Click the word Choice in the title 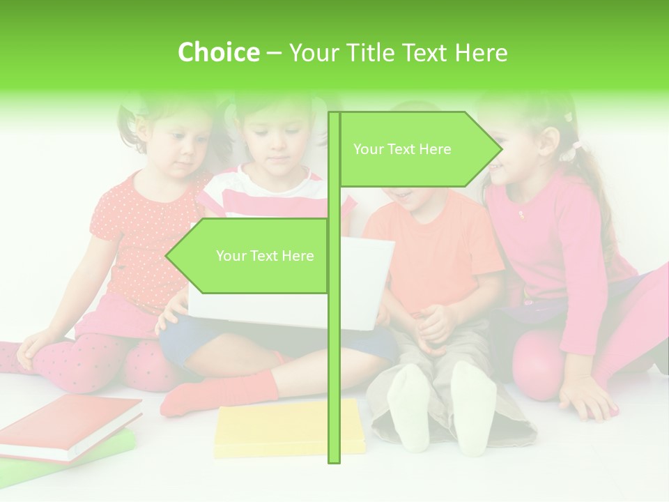click(218, 52)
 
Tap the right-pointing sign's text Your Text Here click(402, 149)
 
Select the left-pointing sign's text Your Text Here click(265, 256)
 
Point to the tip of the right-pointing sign click(500, 149)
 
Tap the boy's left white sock click(409, 408)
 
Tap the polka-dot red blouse click(139, 237)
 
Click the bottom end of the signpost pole click(334, 459)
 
